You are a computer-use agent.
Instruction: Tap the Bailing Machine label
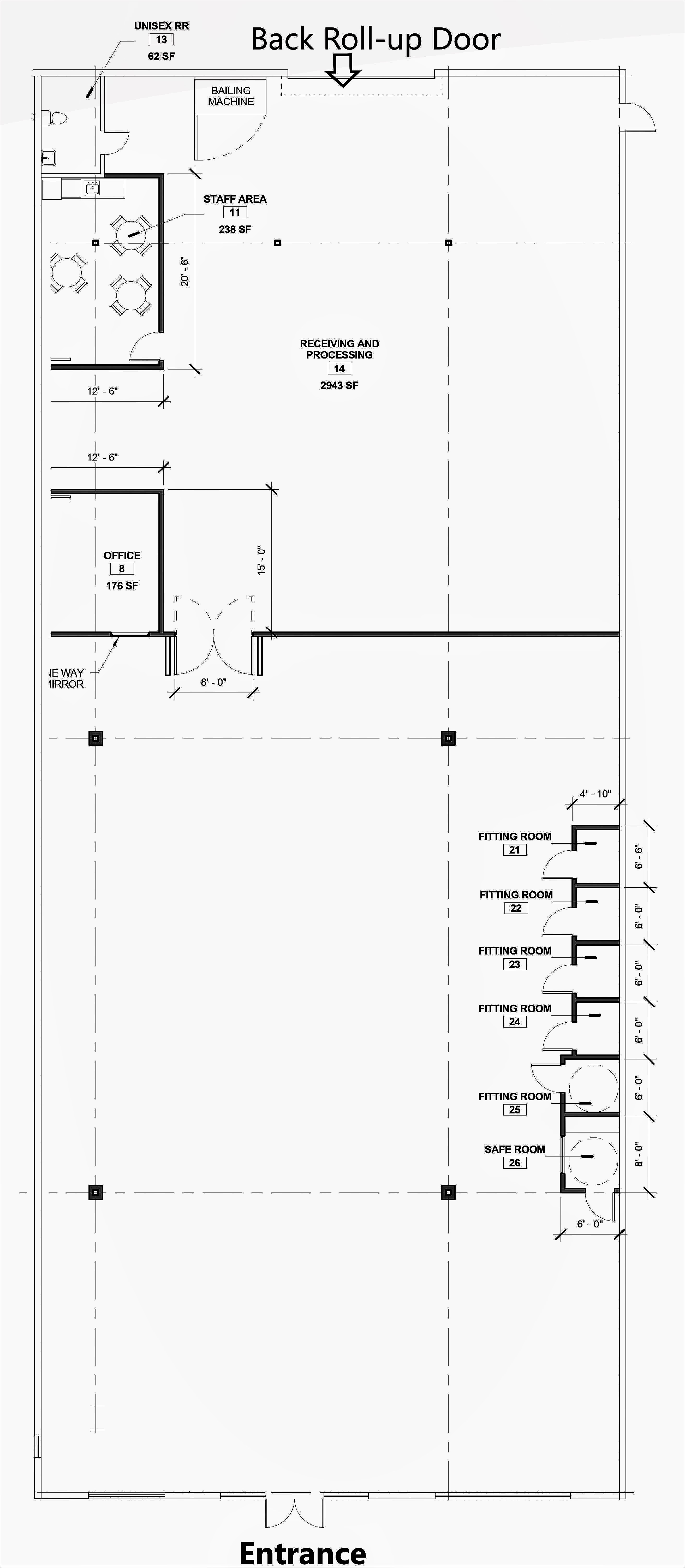(x=231, y=96)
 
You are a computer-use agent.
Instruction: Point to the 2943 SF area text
(x=339, y=385)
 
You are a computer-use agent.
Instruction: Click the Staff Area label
(x=235, y=199)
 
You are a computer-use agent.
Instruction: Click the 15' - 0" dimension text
(x=261, y=560)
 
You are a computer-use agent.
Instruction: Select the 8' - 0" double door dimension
(x=214, y=682)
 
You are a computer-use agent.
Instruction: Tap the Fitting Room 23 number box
(x=515, y=964)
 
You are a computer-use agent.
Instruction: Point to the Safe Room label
(x=515, y=1149)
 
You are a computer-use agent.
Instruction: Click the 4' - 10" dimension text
(x=595, y=794)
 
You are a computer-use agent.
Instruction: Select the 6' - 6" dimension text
(x=639, y=857)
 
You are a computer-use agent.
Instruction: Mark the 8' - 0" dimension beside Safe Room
(x=639, y=1155)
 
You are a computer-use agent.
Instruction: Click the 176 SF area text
(x=122, y=586)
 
